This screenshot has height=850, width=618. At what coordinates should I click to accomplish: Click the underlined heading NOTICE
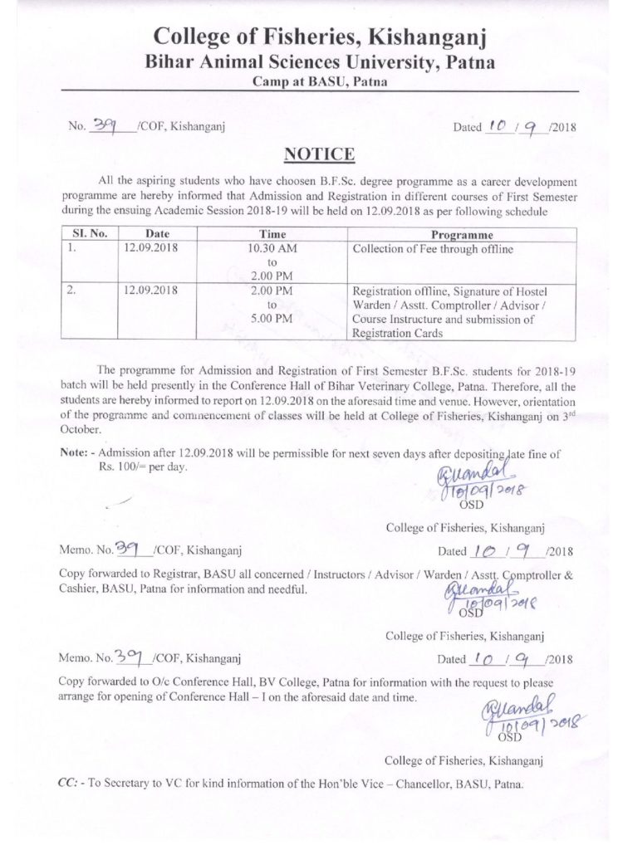pyautogui.click(x=308, y=155)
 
